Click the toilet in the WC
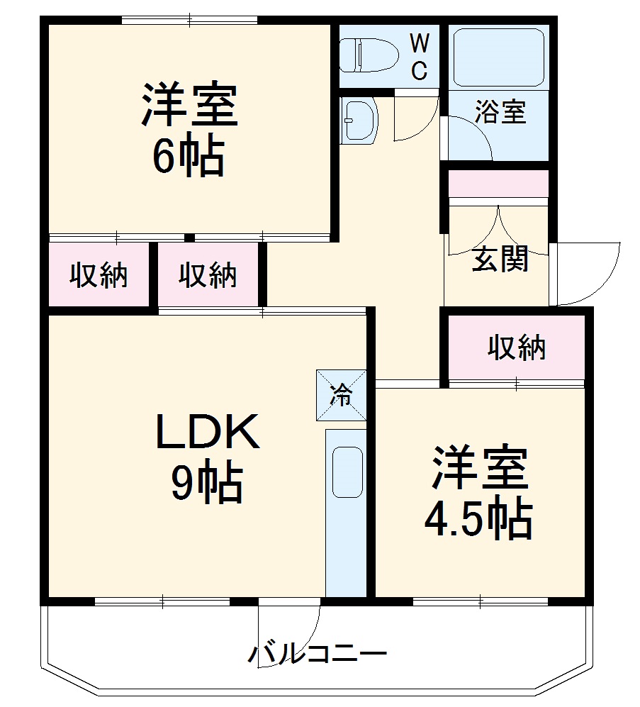pyautogui.click(x=361, y=55)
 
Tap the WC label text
pyautogui.click(x=420, y=57)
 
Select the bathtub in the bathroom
pyautogui.click(x=498, y=57)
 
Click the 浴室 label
pyautogui.click(x=500, y=112)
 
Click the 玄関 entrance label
pyautogui.click(x=500, y=260)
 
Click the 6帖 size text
pyautogui.click(x=188, y=157)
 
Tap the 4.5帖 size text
pyautogui.click(x=478, y=520)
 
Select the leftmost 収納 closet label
pyautogui.click(x=99, y=275)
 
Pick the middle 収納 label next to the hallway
pyautogui.click(x=208, y=275)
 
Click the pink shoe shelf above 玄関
pyautogui.click(x=499, y=184)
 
